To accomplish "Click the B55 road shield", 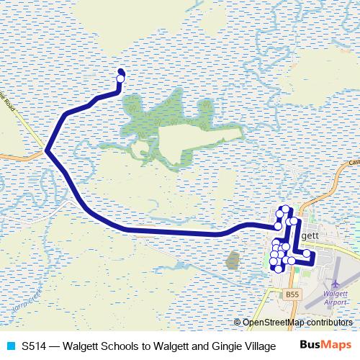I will pos(290,294).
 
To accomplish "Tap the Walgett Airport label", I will pos(336,298).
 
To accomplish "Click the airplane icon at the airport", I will pos(336,283).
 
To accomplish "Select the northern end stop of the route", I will pos(120,72).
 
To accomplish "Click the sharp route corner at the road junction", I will pos(47,150).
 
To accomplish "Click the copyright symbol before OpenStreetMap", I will pos(238,323).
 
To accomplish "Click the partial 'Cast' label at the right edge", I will pos(353,163).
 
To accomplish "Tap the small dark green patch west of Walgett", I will pos(232,259).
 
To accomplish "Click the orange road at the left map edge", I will pos(7,154).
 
